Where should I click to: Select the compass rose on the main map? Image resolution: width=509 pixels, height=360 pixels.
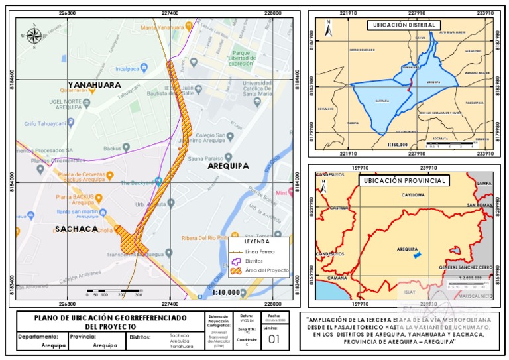(33, 36)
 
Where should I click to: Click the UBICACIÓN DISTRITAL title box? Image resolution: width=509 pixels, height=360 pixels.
(404, 25)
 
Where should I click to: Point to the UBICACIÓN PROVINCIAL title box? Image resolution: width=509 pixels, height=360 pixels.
(404, 180)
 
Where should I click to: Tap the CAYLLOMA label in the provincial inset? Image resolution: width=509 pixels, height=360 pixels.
(414, 196)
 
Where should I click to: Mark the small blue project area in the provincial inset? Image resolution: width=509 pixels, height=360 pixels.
(417, 254)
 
